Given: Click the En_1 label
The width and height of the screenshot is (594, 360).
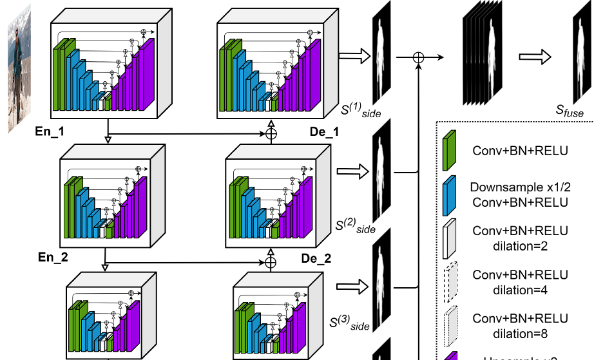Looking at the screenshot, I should point(53,132).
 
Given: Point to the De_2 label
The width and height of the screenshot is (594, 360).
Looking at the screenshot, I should point(316,260).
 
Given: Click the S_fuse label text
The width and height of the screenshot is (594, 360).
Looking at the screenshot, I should point(570,112).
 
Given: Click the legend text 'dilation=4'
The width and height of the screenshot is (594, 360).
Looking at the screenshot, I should point(521,289).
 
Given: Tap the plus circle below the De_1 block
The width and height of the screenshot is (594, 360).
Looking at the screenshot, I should point(271,134).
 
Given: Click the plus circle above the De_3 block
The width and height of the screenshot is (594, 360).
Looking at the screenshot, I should point(271,262).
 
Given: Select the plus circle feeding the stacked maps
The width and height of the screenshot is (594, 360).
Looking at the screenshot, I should point(419,58).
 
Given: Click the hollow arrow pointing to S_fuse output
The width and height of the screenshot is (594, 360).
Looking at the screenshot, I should point(536,57).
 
